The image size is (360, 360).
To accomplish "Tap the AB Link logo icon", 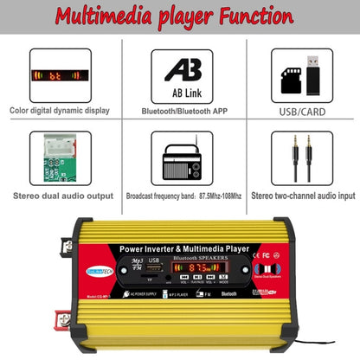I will pos(181,70).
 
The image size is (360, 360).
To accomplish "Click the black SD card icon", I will pos(290,80).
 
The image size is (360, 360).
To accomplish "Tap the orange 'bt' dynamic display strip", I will pos(59,75).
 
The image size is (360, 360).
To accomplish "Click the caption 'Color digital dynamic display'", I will pos(59,112).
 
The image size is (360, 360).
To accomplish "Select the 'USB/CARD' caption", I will pos(301,112).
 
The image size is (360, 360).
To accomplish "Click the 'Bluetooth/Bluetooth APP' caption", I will pos(181,112).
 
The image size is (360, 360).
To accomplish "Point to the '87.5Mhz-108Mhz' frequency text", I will pos(214,196).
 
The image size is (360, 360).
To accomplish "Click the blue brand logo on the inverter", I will pos(103,269).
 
